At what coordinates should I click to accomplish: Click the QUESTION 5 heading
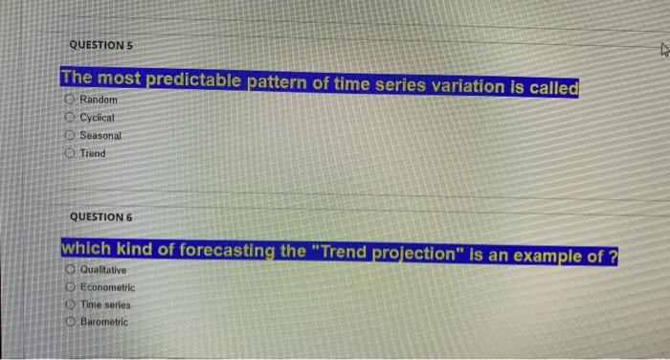[x=100, y=44]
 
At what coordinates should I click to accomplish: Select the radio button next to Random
[x=71, y=101]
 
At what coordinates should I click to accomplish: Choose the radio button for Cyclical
[x=71, y=118]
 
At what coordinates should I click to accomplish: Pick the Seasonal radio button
[x=71, y=136]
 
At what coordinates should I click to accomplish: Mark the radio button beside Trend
[x=71, y=153]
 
